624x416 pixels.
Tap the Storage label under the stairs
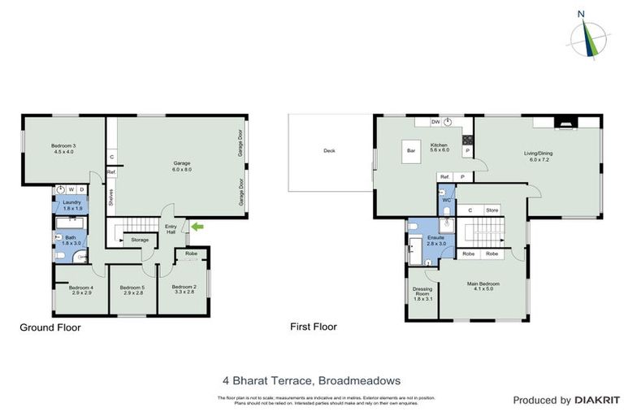point(140,240)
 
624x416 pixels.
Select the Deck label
point(329,150)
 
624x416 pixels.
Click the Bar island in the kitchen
point(411,151)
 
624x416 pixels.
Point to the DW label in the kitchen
point(435,121)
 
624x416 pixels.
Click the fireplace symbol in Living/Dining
point(565,124)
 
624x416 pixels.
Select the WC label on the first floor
point(446,199)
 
